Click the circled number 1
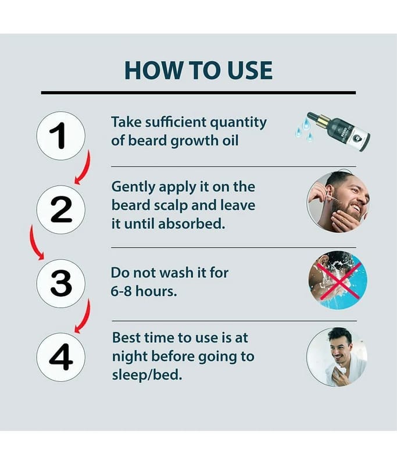(x=61, y=136)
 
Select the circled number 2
(x=61, y=210)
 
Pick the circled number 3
(x=61, y=283)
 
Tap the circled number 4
(x=61, y=357)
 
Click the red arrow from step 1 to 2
(x=85, y=169)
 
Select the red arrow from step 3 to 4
(x=85, y=317)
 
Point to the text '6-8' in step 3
(x=121, y=291)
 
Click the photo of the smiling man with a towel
(x=337, y=357)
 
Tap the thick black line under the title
(x=198, y=93)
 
